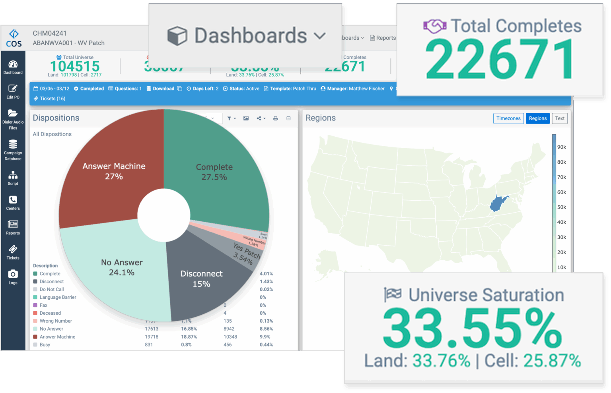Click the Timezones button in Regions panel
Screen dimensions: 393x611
508,118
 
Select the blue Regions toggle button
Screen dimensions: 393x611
537,118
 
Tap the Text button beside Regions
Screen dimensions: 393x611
559,118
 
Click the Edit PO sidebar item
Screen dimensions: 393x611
13,91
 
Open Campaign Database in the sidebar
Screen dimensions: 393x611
13,150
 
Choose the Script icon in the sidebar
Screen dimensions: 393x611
13,178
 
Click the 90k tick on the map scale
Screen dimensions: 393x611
561,147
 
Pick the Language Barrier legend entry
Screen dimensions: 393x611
58,297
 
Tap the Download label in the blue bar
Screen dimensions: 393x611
163,89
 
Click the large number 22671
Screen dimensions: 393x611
500,60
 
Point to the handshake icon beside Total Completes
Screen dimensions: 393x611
434,27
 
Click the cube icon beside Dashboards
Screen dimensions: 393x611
177,36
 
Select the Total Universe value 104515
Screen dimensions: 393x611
75,66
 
